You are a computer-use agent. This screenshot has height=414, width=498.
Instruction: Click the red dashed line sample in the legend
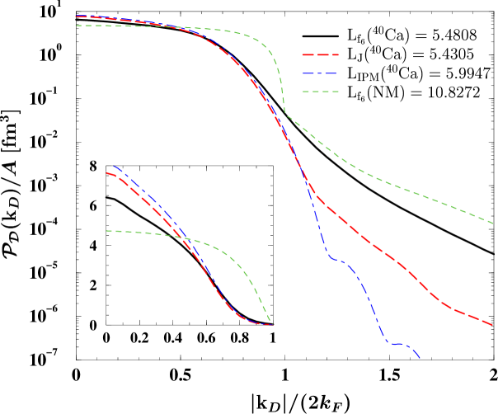click(321, 54)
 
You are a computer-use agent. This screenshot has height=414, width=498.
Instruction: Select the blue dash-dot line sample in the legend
click(321, 73)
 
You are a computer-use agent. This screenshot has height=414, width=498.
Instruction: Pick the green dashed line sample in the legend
click(321, 92)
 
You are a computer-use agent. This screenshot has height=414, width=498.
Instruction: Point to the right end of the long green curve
click(493, 222)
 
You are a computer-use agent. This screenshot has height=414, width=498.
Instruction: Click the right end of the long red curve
click(493, 325)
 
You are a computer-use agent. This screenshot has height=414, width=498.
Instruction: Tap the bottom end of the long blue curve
click(420, 358)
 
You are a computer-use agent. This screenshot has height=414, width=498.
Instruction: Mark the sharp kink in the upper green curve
click(285, 114)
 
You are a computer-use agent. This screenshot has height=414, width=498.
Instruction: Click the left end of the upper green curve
click(76, 26)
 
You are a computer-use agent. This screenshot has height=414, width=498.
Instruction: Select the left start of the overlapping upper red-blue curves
click(76, 16)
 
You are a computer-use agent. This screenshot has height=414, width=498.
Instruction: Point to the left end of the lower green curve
click(106, 231)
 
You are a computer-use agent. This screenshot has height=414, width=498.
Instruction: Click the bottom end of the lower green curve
click(270, 321)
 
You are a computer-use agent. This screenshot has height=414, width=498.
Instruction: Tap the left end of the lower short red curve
click(107, 173)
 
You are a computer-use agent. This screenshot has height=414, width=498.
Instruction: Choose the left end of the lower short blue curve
click(114, 166)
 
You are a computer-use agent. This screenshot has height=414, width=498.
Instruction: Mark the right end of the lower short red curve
click(272, 325)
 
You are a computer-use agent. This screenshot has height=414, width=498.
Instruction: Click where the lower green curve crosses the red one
click(181, 238)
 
